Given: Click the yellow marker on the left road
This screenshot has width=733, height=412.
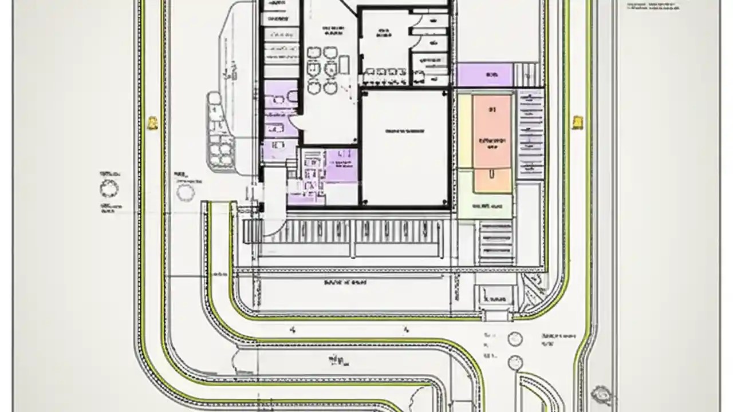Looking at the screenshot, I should click(x=152, y=122).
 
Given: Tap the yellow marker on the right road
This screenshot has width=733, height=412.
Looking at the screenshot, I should click(x=578, y=121).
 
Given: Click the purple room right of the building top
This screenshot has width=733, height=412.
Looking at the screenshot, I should click(x=484, y=75).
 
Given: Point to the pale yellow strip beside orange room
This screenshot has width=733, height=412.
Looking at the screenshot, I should click(x=464, y=132).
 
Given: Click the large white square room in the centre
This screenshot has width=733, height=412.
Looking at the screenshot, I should click(x=404, y=147).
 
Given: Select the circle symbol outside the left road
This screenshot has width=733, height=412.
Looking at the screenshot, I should click(x=109, y=188).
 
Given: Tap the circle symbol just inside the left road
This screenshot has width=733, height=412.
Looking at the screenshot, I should click(x=186, y=192).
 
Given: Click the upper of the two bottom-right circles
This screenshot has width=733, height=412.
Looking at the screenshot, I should click(x=515, y=339).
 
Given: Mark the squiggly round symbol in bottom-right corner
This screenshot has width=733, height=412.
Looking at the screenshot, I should click(x=601, y=394).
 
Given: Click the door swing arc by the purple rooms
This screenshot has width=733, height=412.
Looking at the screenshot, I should click(x=295, y=121).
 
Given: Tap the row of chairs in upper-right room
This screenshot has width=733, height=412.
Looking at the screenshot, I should click(x=385, y=72).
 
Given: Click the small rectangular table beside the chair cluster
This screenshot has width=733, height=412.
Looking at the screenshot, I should click(x=344, y=65).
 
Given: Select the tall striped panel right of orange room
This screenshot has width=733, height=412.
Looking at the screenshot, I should click(x=530, y=135).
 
